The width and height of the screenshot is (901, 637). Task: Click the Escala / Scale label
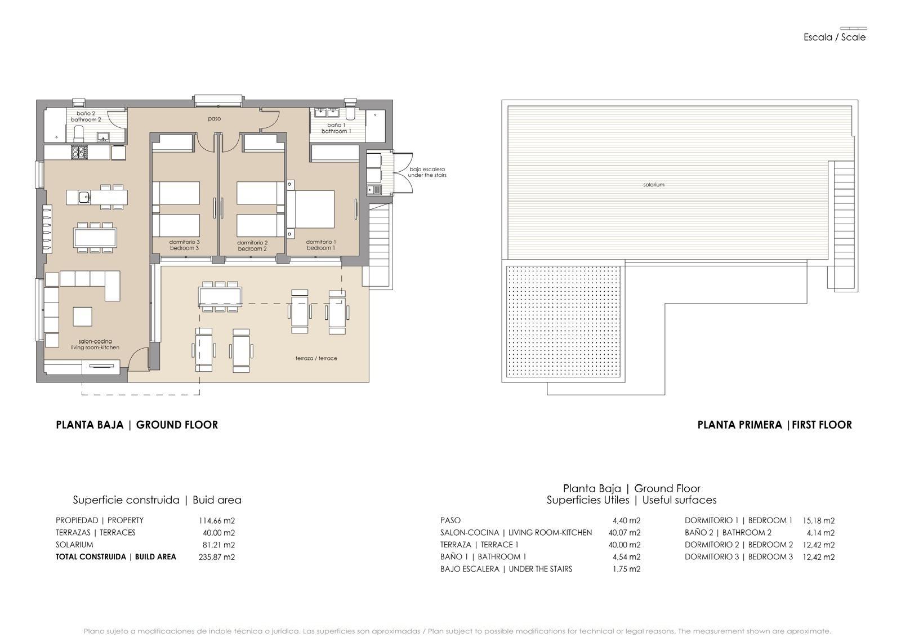click(x=834, y=37)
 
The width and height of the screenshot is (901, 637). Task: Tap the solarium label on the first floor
click(x=653, y=185)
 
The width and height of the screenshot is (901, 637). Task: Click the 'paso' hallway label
click(x=214, y=119)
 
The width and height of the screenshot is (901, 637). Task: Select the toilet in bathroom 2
click(x=79, y=134)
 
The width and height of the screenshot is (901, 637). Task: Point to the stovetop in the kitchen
click(x=78, y=152)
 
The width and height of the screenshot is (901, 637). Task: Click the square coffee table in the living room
click(x=83, y=316)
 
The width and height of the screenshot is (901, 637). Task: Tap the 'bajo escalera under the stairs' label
click(x=427, y=172)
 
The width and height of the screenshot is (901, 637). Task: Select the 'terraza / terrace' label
click(x=316, y=358)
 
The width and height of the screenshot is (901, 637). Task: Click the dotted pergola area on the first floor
click(x=564, y=322)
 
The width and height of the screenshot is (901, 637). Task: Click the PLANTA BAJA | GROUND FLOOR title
click(x=137, y=425)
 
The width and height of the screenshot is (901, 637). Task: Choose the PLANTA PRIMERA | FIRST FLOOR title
click(x=774, y=425)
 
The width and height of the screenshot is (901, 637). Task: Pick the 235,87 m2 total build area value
click(x=216, y=557)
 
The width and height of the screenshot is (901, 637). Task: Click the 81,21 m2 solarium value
click(x=218, y=545)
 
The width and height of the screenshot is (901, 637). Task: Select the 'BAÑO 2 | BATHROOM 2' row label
click(x=728, y=533)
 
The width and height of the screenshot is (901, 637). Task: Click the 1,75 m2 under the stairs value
click(x=626, y=569)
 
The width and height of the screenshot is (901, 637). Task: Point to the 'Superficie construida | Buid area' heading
click(x=157, y=500)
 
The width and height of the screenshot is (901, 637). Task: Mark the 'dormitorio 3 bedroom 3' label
click(x=184, y=245)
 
